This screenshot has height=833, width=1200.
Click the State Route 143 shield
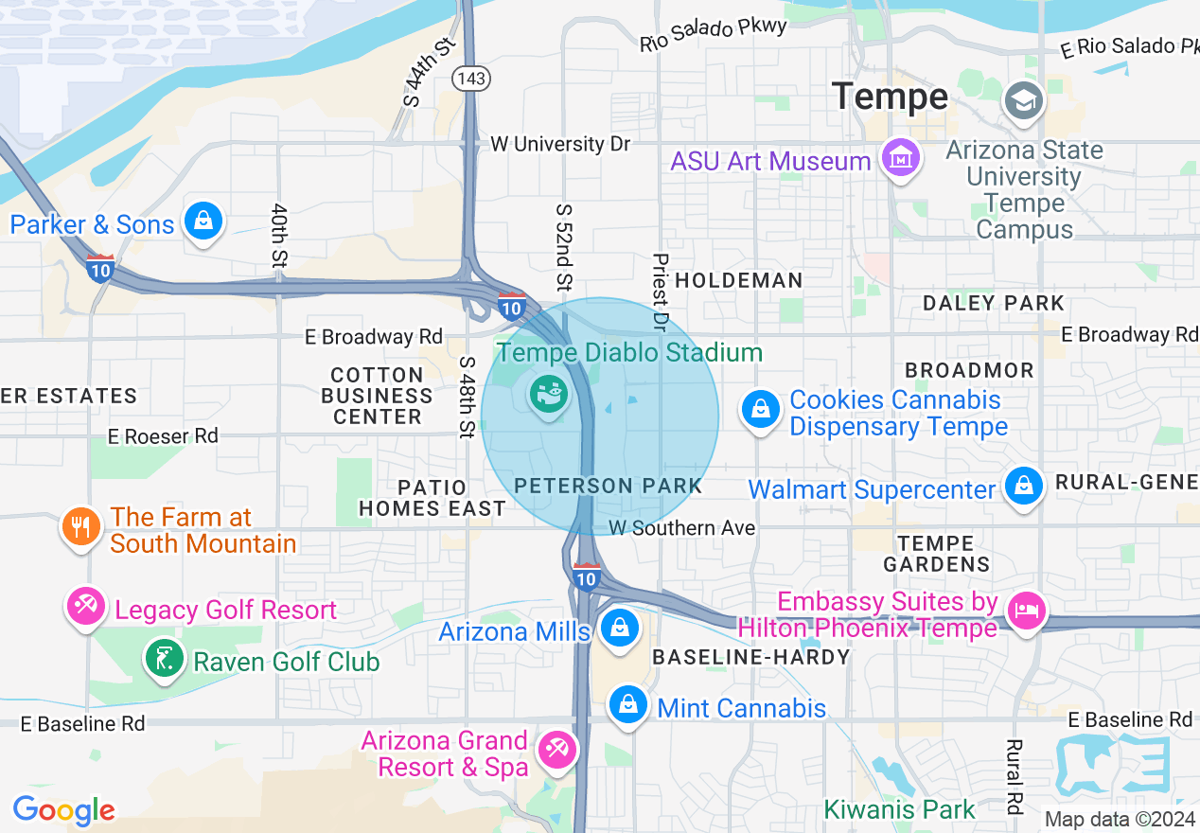[x=471, y=78]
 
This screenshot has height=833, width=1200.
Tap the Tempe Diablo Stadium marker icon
[x=548, y=391]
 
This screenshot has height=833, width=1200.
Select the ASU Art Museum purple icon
[x=900, y=158]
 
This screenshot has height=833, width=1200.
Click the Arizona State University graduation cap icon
[x=1024, y=100]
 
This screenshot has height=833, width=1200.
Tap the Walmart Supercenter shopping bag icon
[x=1022, y=487]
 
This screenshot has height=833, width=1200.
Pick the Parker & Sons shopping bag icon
[x=203, y=222]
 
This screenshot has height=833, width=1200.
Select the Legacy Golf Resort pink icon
[x=86, y=604]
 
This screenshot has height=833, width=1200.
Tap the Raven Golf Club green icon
[x=163, y=658]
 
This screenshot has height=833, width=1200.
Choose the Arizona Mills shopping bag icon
[x=619, y=628]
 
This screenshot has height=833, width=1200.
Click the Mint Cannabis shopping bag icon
[x=626, y=704]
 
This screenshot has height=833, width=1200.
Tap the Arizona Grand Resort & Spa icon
[x=555, y=751]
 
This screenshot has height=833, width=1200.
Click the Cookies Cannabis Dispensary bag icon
[x=760, y=410]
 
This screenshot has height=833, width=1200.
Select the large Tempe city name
[x=890, y=97]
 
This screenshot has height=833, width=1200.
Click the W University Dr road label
[x=560, y=144]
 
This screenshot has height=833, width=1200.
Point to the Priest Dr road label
[x=661, y=292]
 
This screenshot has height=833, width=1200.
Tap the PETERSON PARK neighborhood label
[x=609, y=487]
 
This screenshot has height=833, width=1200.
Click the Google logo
[x=63, y=810]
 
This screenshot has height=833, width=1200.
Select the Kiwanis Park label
[x=899, y=809]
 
